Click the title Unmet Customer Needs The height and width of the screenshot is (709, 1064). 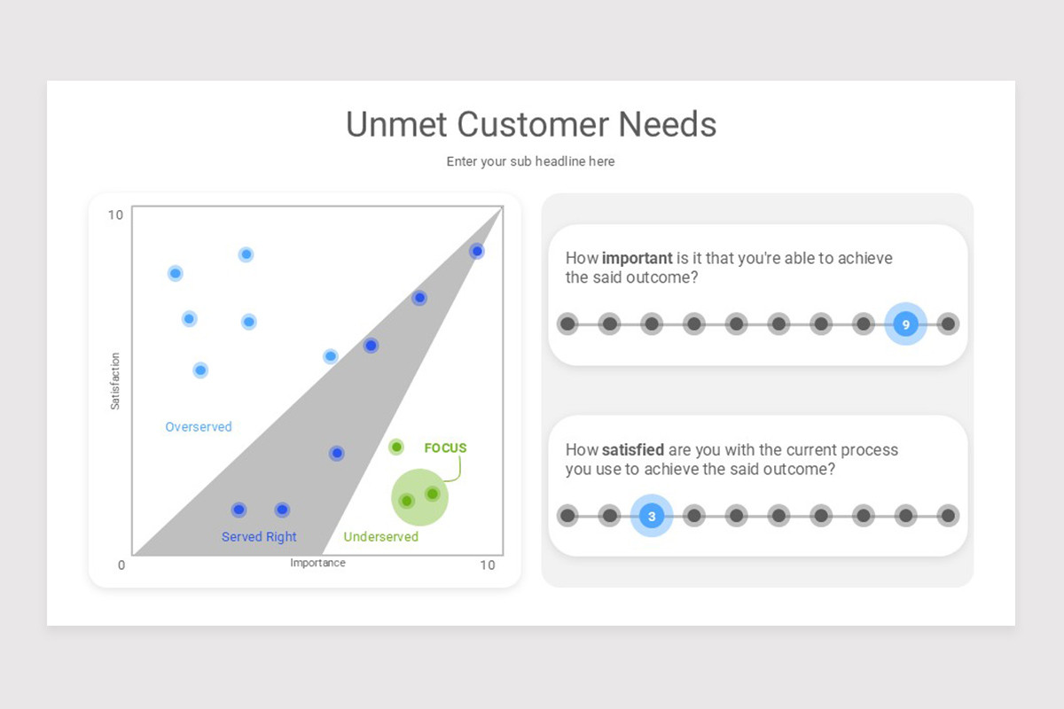(x=531, y=124)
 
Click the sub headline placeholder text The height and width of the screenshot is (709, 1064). (x=530, y=161)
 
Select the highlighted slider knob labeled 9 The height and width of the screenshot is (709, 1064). (x=905, y=324)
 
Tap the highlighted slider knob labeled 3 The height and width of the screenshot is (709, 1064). (x=652, y=516)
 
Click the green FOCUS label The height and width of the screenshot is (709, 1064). (x=445, y=448)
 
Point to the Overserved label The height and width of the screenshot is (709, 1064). (x=199, y=427)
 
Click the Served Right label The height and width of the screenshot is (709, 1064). (x=259, y=537)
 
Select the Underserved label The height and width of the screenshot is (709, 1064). (x=380, y=537)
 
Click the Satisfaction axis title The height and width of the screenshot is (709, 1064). (x=115, y=381)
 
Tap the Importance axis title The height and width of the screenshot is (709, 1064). (x=317, y=564)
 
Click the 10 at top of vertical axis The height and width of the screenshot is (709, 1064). (x=115, y=215)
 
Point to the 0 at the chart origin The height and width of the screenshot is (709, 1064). (x=121, y=565)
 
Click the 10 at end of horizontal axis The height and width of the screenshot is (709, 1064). (x=488, y=565)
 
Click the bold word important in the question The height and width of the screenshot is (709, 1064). (x=638, y=258)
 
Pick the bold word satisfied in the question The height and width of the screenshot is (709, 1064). (x=633, y=450)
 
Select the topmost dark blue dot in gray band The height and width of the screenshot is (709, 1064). (x=477, y=252)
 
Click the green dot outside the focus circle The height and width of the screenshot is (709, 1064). (x=396, y=447)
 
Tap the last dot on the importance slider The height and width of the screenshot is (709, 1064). (x=948, y=324)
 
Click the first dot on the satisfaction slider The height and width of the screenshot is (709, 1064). (x=567, y=516)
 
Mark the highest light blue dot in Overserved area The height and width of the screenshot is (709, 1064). (x=246, y=254)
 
